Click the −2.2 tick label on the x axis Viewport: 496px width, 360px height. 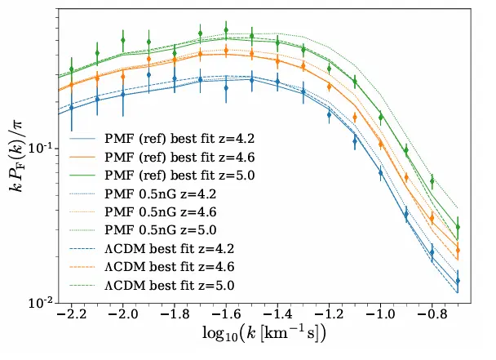pos(71,314)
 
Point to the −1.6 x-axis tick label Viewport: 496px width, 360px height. pos(226,314)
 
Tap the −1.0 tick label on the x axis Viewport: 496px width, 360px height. pos(380,314)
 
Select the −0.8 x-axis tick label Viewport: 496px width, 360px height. pos(432,314)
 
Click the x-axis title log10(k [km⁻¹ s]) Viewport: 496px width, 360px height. pos(264,333)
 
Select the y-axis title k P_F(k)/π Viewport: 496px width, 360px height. pos(15,157)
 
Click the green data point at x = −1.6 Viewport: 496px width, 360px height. pos(226,30)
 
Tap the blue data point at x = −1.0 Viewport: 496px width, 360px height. pos(380,173)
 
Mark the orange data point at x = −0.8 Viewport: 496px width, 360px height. pos(432,218)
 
